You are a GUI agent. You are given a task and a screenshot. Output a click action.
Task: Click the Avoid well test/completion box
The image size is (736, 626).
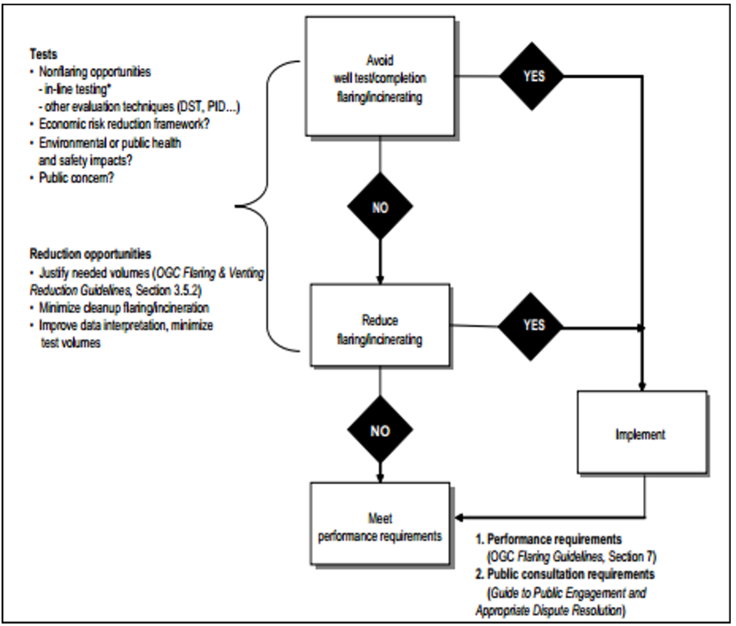pyautogui.click(x=379, y=77)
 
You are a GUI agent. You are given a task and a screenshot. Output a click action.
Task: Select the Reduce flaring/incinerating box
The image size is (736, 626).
pyautogui.click(x=379, y=325)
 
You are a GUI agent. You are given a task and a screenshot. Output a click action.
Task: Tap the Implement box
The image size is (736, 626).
pyautogui.click(x=642, y=433)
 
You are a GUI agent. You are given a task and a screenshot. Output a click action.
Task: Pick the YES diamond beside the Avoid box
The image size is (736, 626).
pyautogui.click(x=532, y=76)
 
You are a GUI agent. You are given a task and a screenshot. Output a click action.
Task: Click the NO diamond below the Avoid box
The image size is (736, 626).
pyautogui.click(x=379, y=207)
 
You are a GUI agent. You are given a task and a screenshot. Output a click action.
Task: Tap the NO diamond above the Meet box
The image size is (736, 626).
pyautogui.click(x=379, y=430)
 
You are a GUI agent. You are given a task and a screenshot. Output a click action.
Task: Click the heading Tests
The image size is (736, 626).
pyautogui.click(x=43, y=54)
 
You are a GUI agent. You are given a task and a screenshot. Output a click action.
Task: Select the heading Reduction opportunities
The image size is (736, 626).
pyautogui.click(x=90, y=254)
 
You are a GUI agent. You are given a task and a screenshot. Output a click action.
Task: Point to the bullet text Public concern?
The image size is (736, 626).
pyautogui.click(x=76, y=178)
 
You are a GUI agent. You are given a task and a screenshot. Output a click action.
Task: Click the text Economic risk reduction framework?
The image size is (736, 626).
pyautogui.click(x=124, y=124)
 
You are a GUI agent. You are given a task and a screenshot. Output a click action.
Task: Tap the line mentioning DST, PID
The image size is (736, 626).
pyautogui.click(x=142, y=107)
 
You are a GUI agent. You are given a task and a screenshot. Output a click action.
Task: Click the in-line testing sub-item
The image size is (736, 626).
pyautogui.click(x=77, y=89)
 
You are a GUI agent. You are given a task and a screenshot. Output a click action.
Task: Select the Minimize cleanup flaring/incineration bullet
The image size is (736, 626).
pyautogui.click(x=123, y=308)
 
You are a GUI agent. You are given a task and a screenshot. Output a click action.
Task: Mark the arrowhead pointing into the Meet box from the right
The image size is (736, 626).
pyautogui.click(x=459, y=517)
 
